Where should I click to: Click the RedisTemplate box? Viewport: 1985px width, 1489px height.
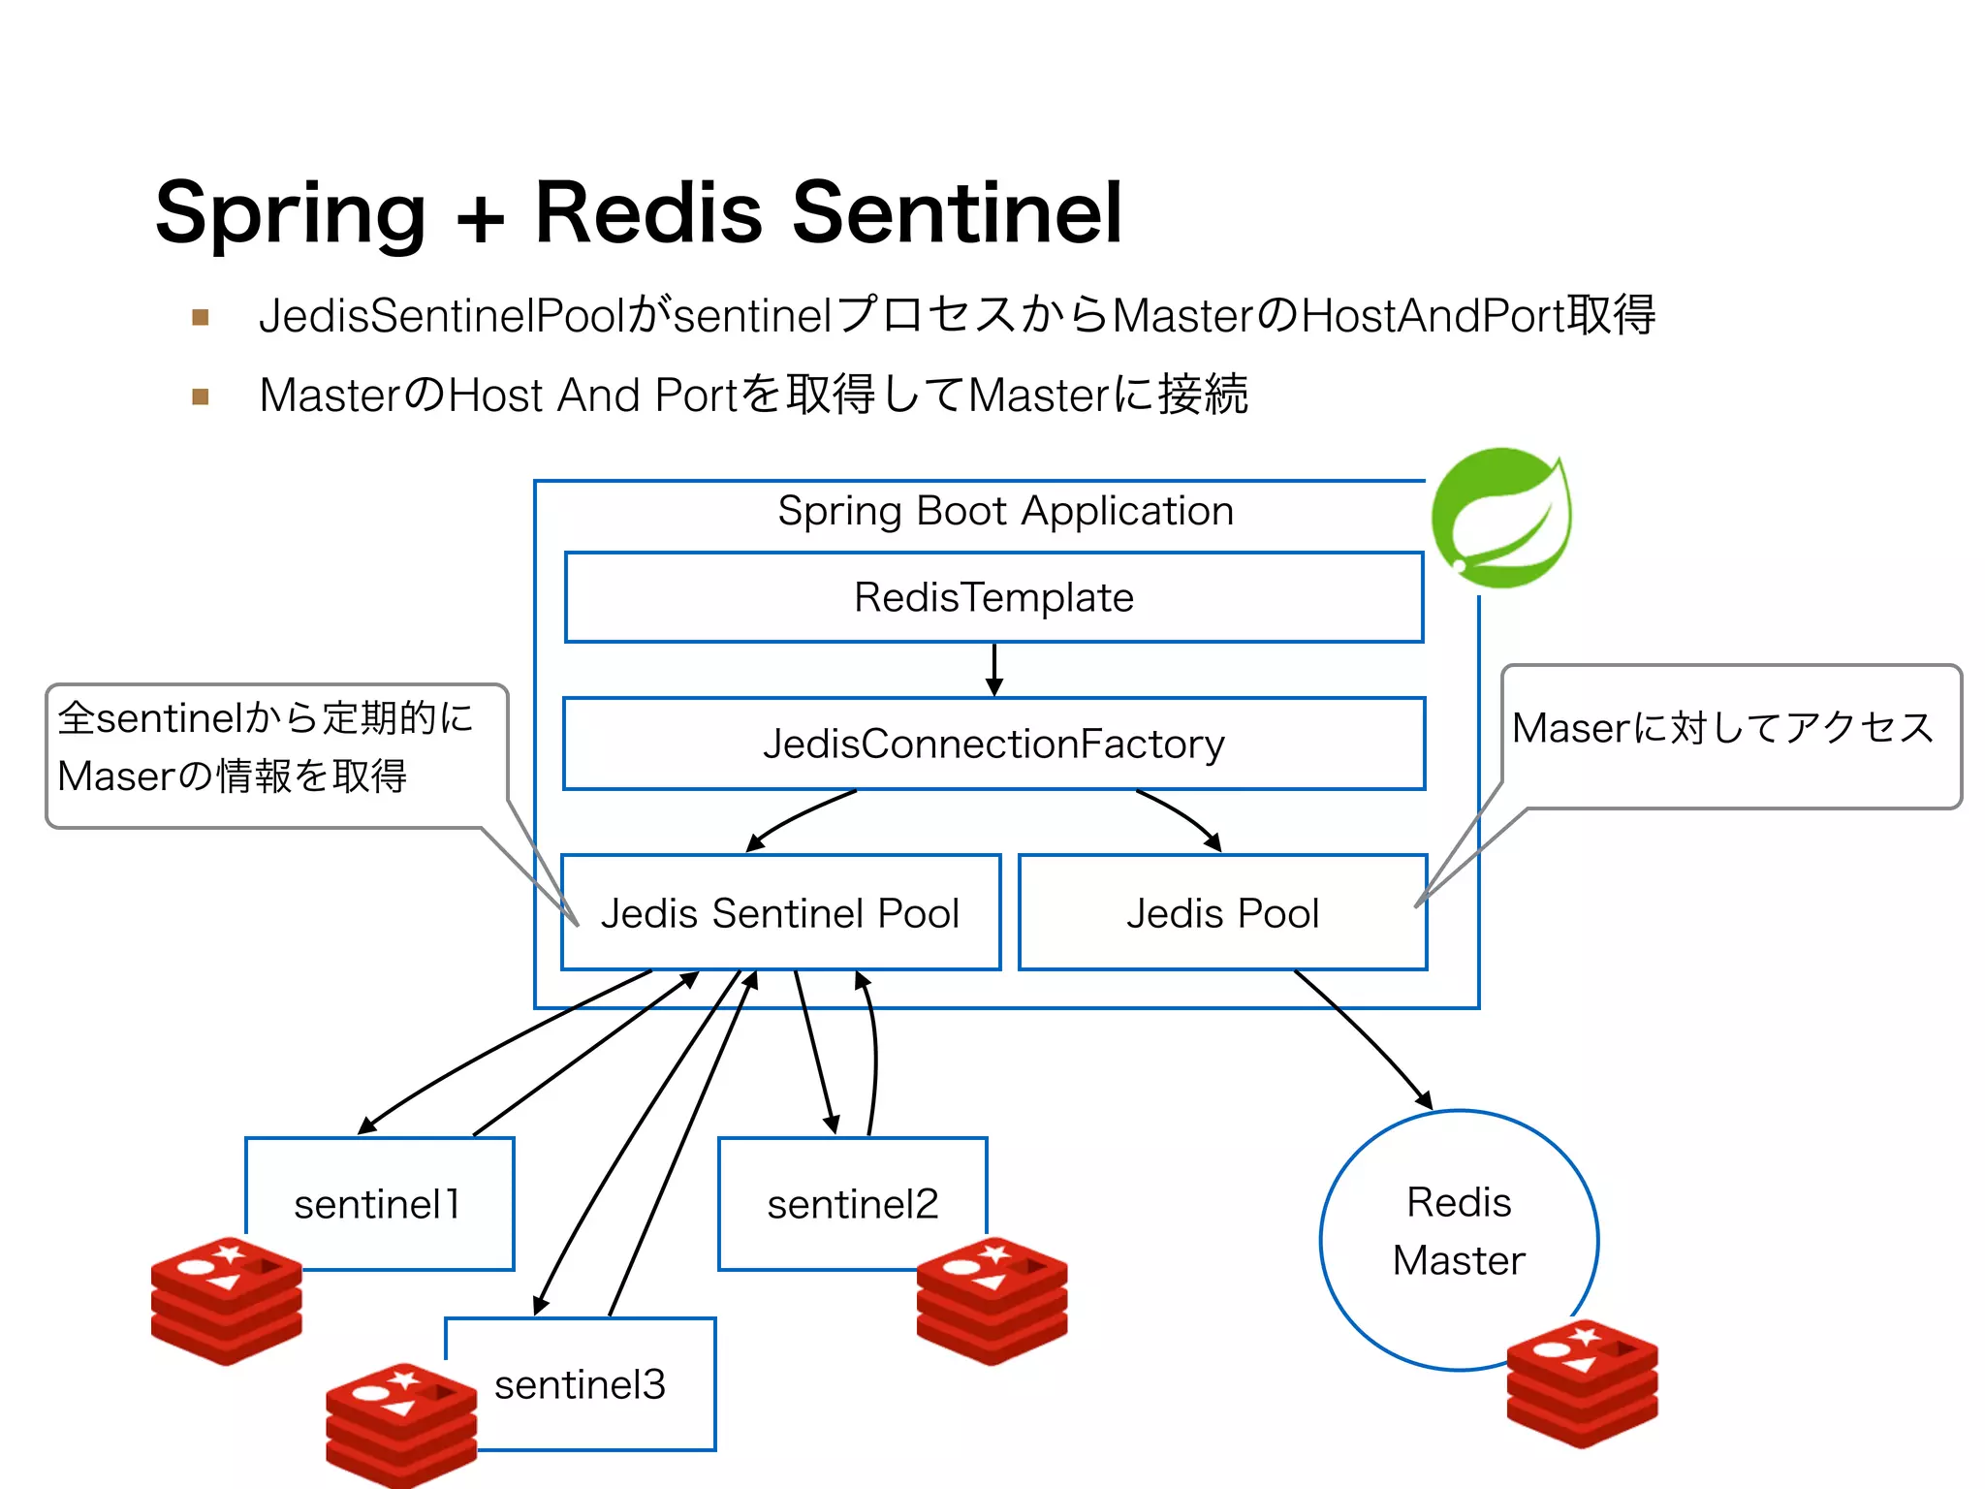click(993, 597)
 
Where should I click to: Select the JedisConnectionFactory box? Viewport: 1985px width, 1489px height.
click(993, 744)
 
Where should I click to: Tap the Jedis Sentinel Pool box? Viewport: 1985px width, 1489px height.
click(780, 912)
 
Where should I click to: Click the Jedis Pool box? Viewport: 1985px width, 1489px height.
click(1222, 912)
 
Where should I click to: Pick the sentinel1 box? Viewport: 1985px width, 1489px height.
click(379, 1203)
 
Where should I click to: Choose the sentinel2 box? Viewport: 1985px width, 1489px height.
click(852, 1203)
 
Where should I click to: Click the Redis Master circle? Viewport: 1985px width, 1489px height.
click(1458, 1231)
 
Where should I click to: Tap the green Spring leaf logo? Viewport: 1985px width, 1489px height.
click(1501, 518)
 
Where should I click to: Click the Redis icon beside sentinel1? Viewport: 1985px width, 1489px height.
click(226, 1299)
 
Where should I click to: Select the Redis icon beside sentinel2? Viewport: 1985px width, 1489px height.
click(992, 1299)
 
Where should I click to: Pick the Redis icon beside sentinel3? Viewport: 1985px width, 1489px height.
click(400, 1423)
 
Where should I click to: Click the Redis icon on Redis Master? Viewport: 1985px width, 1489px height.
click(1582, 1382)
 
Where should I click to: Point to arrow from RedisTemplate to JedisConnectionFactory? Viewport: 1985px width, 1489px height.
click(993, 669)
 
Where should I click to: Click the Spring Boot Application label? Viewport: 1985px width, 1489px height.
click(1005, 511)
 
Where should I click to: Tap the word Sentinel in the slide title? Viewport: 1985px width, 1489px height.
click(957, 212)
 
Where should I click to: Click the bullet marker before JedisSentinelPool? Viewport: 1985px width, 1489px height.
click(201, 317)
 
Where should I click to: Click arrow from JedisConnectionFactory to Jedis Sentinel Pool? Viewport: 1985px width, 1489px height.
click(799, 818)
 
